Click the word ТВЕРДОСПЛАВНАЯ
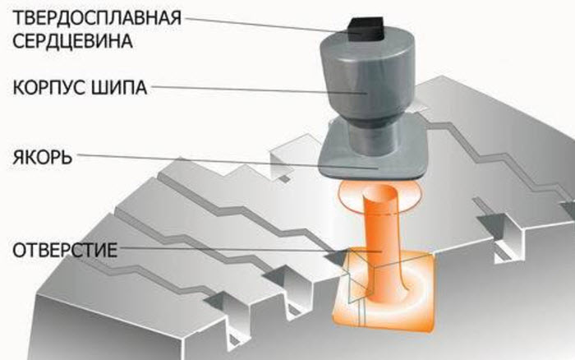[x=97, y=17]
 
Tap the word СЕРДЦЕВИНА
[x=72, y=40]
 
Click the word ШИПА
[x=118, y=87]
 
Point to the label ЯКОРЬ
[x=42, y=157]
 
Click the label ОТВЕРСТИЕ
[x=65, y=250]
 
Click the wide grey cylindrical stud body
[x=368, y=79]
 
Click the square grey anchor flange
[x=373, y=158]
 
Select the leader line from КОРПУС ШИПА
[x=259, y=90]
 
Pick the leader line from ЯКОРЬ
[x=228, y=161]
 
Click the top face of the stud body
[x=368, y=41]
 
